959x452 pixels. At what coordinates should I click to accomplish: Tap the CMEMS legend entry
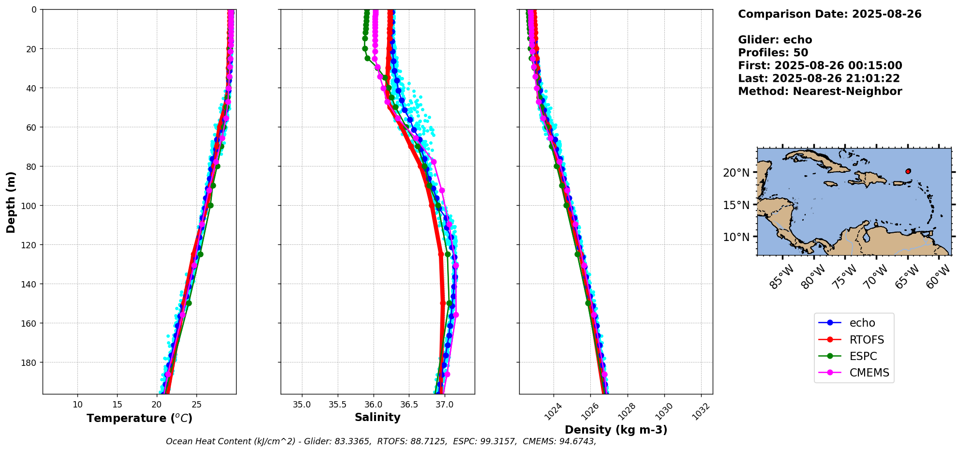click(x=869, y=373)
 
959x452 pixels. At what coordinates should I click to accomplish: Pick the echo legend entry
click(x=862, y=323)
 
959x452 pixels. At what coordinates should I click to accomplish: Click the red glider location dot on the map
click(x=908, y=171)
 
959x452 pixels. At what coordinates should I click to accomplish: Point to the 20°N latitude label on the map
click(x=736, y=173)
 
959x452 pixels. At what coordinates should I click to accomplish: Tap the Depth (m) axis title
click(x=11, y=202)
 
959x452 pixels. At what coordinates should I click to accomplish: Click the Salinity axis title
click(x=377, y=418)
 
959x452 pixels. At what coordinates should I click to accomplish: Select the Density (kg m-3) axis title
click(x=616, y=430)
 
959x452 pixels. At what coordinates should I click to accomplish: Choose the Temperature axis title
click(x=139, y=418)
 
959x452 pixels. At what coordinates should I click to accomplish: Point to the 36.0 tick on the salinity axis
click(x=373, y=405)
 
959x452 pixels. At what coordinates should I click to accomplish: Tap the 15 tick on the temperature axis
click(x=117, y=405)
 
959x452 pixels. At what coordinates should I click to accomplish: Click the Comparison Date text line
click(x=829, y=14)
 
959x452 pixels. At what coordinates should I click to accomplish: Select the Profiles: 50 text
click(x=773, y=53)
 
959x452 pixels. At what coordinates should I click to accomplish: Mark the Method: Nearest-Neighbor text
click(x=820, y=91)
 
